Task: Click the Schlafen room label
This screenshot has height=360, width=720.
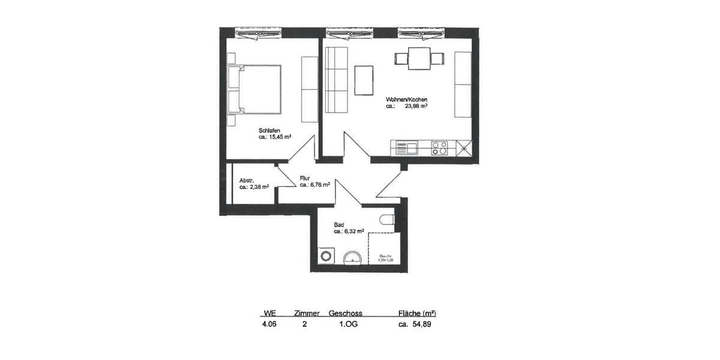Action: pos(268,130)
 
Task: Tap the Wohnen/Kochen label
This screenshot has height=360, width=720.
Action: pos(406,100)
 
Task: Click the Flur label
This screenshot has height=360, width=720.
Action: pos(305,178)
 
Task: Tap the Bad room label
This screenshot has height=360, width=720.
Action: pos(338,224)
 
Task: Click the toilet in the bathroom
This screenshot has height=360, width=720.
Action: pos(387,220)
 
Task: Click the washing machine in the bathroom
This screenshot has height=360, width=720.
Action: pos(326,256)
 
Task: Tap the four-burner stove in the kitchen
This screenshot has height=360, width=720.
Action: pos(439,147)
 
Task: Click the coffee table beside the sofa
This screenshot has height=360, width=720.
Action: pos(364,80)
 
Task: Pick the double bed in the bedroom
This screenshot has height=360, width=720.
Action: pos(254,89)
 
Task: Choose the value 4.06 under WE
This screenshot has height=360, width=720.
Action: pos(269,325)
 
